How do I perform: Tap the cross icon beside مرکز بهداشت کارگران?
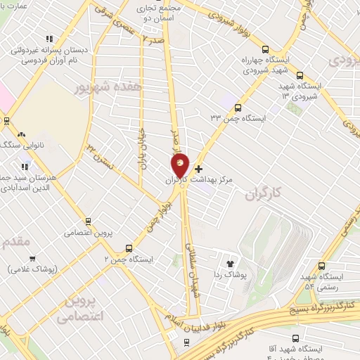point(199,169)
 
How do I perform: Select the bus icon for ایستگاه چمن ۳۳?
point(238,108)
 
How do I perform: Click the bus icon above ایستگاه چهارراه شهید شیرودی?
point(264,49)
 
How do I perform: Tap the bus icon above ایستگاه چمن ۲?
point(128,248)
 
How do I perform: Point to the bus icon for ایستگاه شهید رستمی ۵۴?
point(322,266)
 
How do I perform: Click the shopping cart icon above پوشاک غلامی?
point(32,258)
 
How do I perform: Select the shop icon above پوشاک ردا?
point(230,261)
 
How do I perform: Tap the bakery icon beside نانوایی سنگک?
point(22,134)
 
